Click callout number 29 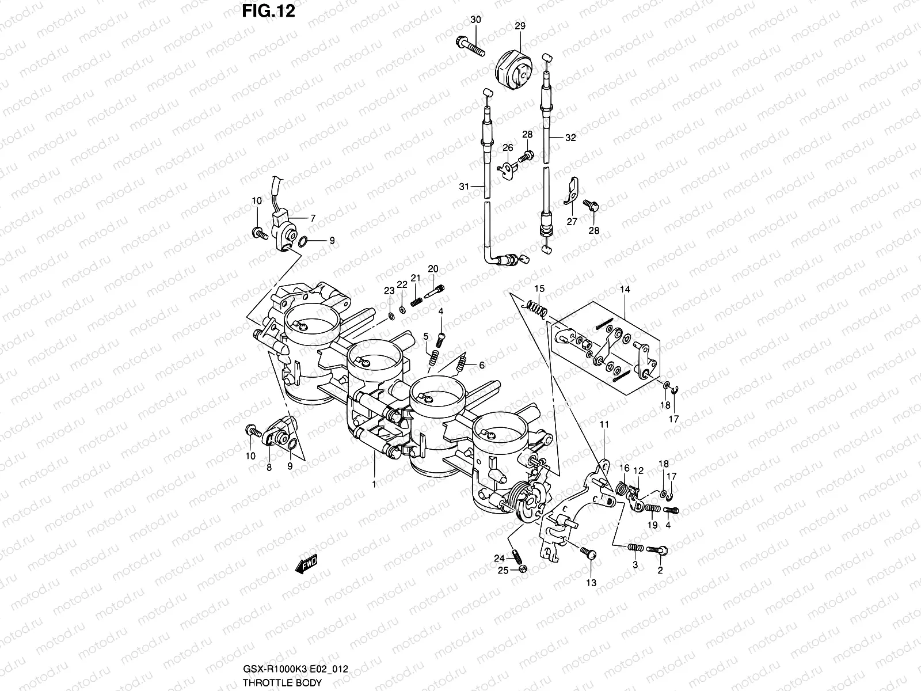[x=520, y=26]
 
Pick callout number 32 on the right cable [x=570, y=138]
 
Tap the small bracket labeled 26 [x=507, y=170]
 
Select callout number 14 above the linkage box [x=625, y=290]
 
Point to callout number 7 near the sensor [x=313, y=218]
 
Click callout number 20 [x=433, y=269]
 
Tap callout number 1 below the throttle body [x=374, y=485]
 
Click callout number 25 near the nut [x=503, y=570]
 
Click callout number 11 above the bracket [x=604, y=425]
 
